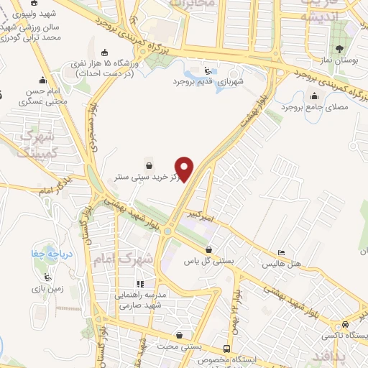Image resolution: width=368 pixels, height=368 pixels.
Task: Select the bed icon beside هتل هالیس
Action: [281, 253]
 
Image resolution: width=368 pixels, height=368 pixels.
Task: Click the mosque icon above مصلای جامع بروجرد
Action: [313, 95]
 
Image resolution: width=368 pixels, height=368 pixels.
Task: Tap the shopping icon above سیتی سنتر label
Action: [148, 164]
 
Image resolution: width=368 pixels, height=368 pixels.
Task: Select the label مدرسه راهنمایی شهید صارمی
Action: [139, 300]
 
